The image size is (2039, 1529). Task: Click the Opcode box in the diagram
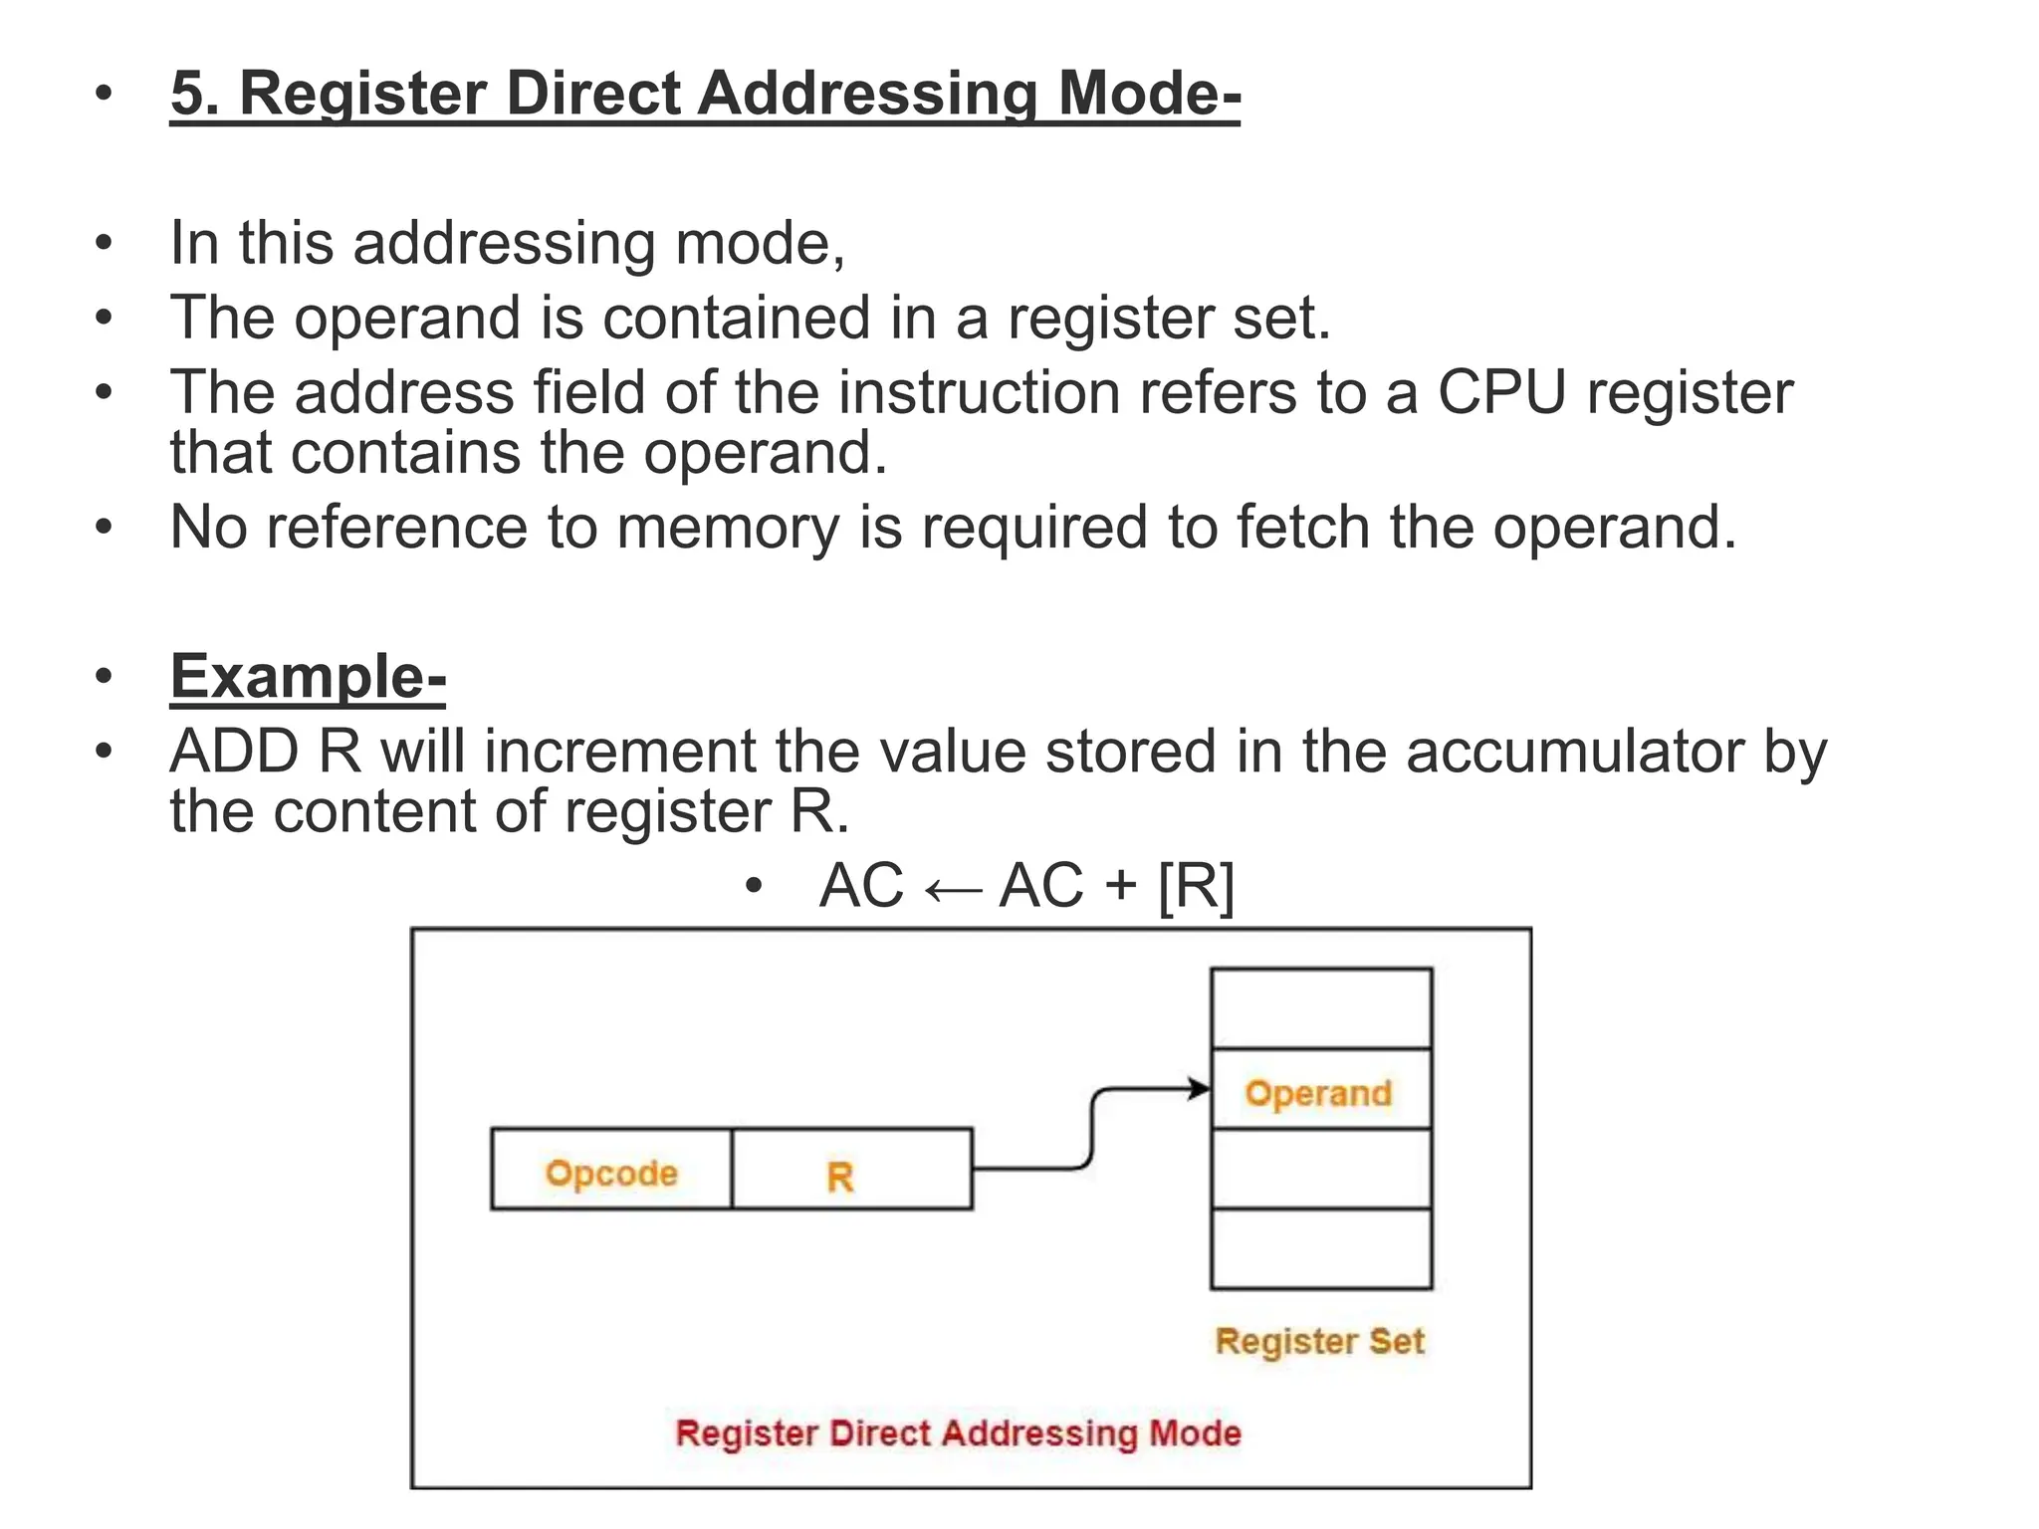[611, 1170]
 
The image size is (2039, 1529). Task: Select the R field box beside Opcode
[851, 1170]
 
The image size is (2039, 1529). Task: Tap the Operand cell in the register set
[1320, 1090]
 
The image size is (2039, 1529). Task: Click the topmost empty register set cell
[1320, 1008]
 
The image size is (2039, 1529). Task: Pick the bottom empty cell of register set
[1320, 1248]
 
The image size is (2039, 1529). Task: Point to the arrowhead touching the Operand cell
[1199, 1089]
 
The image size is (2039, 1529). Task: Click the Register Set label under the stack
[1319, 1341]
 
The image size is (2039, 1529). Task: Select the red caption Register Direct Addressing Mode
[958, 1433]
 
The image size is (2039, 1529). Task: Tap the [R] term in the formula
[1196, 885]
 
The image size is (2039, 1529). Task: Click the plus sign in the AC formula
[1120, 885]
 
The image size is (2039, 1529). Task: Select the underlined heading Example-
[308, 677]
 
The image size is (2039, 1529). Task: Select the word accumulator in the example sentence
[1575, 752]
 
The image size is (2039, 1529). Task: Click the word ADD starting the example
[234, 752]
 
